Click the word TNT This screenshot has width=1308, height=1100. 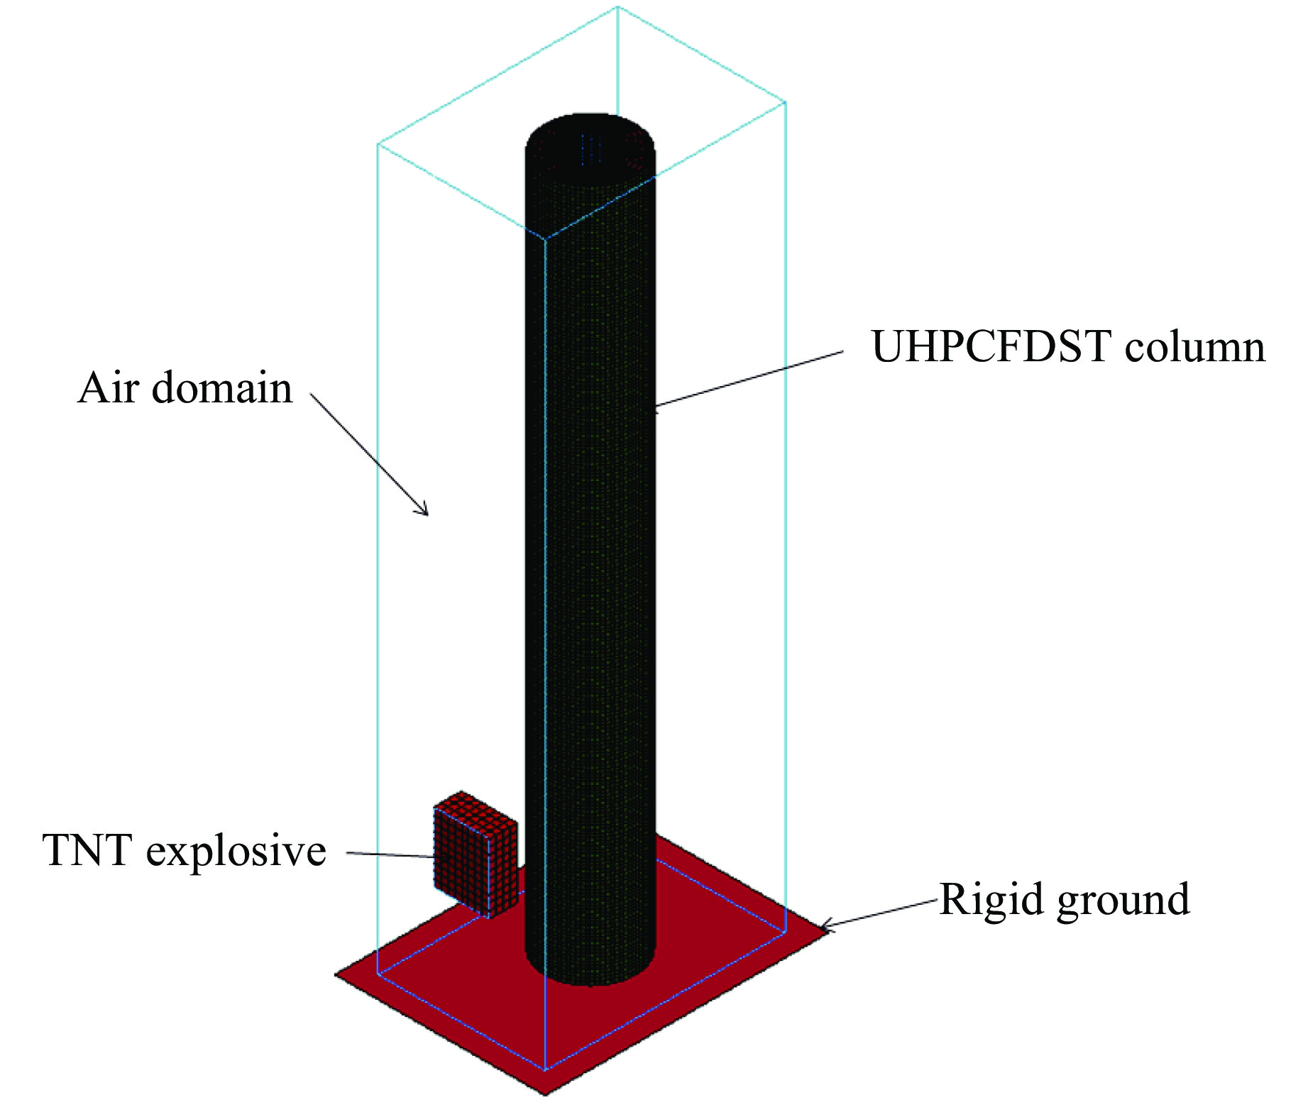click(x=87, y=849)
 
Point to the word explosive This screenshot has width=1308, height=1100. click(x=236, y=851)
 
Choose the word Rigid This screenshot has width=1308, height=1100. click(x=991, y=900)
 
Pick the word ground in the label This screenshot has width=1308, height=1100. click(x=1123, y=900)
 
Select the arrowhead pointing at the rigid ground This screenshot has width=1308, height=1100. click(x=824, y=927)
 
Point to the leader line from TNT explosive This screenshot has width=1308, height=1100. click(x=390, y=854)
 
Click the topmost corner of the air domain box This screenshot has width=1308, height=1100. click(x=617, y=7)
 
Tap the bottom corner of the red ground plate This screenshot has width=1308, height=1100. click(x=544, y=1093)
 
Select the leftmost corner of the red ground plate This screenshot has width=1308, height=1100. click(x=336, y=975)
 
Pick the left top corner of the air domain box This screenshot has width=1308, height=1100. click(x=378, y=145)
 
